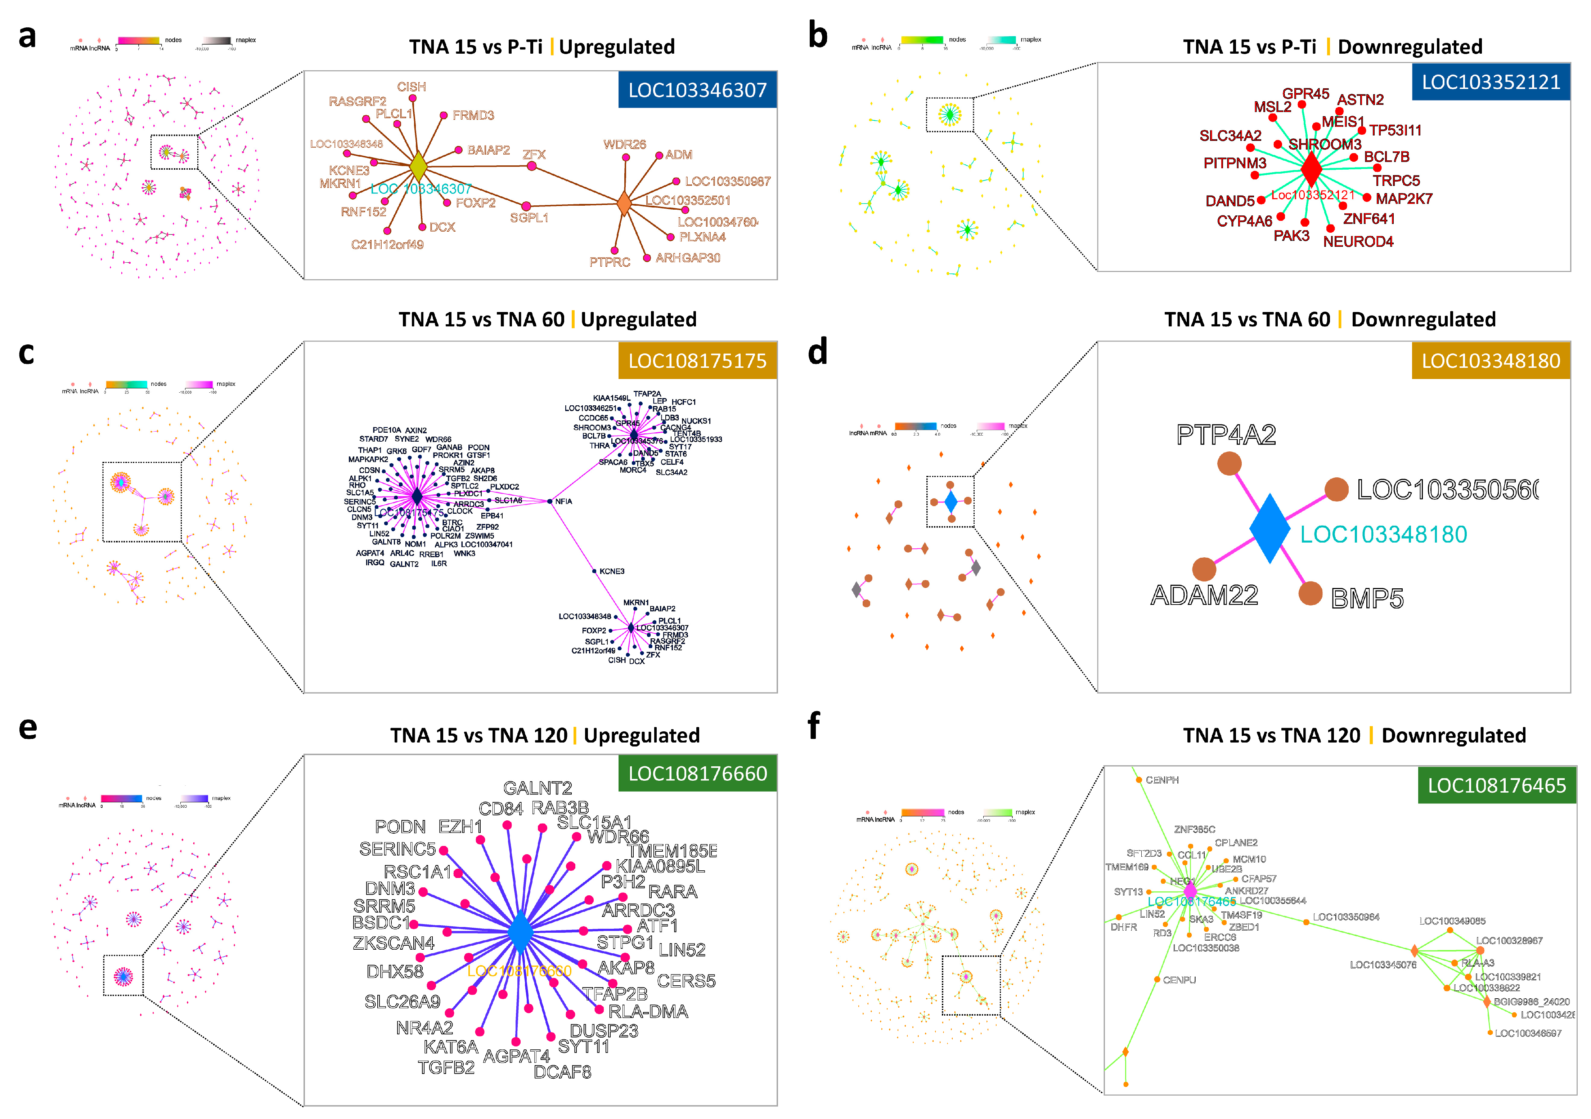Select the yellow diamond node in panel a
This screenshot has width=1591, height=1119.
pos(418,166)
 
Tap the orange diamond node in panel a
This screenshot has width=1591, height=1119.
pos(624,204)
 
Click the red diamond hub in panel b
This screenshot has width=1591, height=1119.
pos(1311,169)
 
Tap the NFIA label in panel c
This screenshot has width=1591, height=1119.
pos(563,501)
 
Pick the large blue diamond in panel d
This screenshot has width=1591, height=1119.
pos(1269,528)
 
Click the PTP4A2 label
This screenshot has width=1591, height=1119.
pos(1226,435)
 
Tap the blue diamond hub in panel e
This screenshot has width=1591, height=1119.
pos(520,932)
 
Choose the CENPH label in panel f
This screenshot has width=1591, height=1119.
pos(1162,780)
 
